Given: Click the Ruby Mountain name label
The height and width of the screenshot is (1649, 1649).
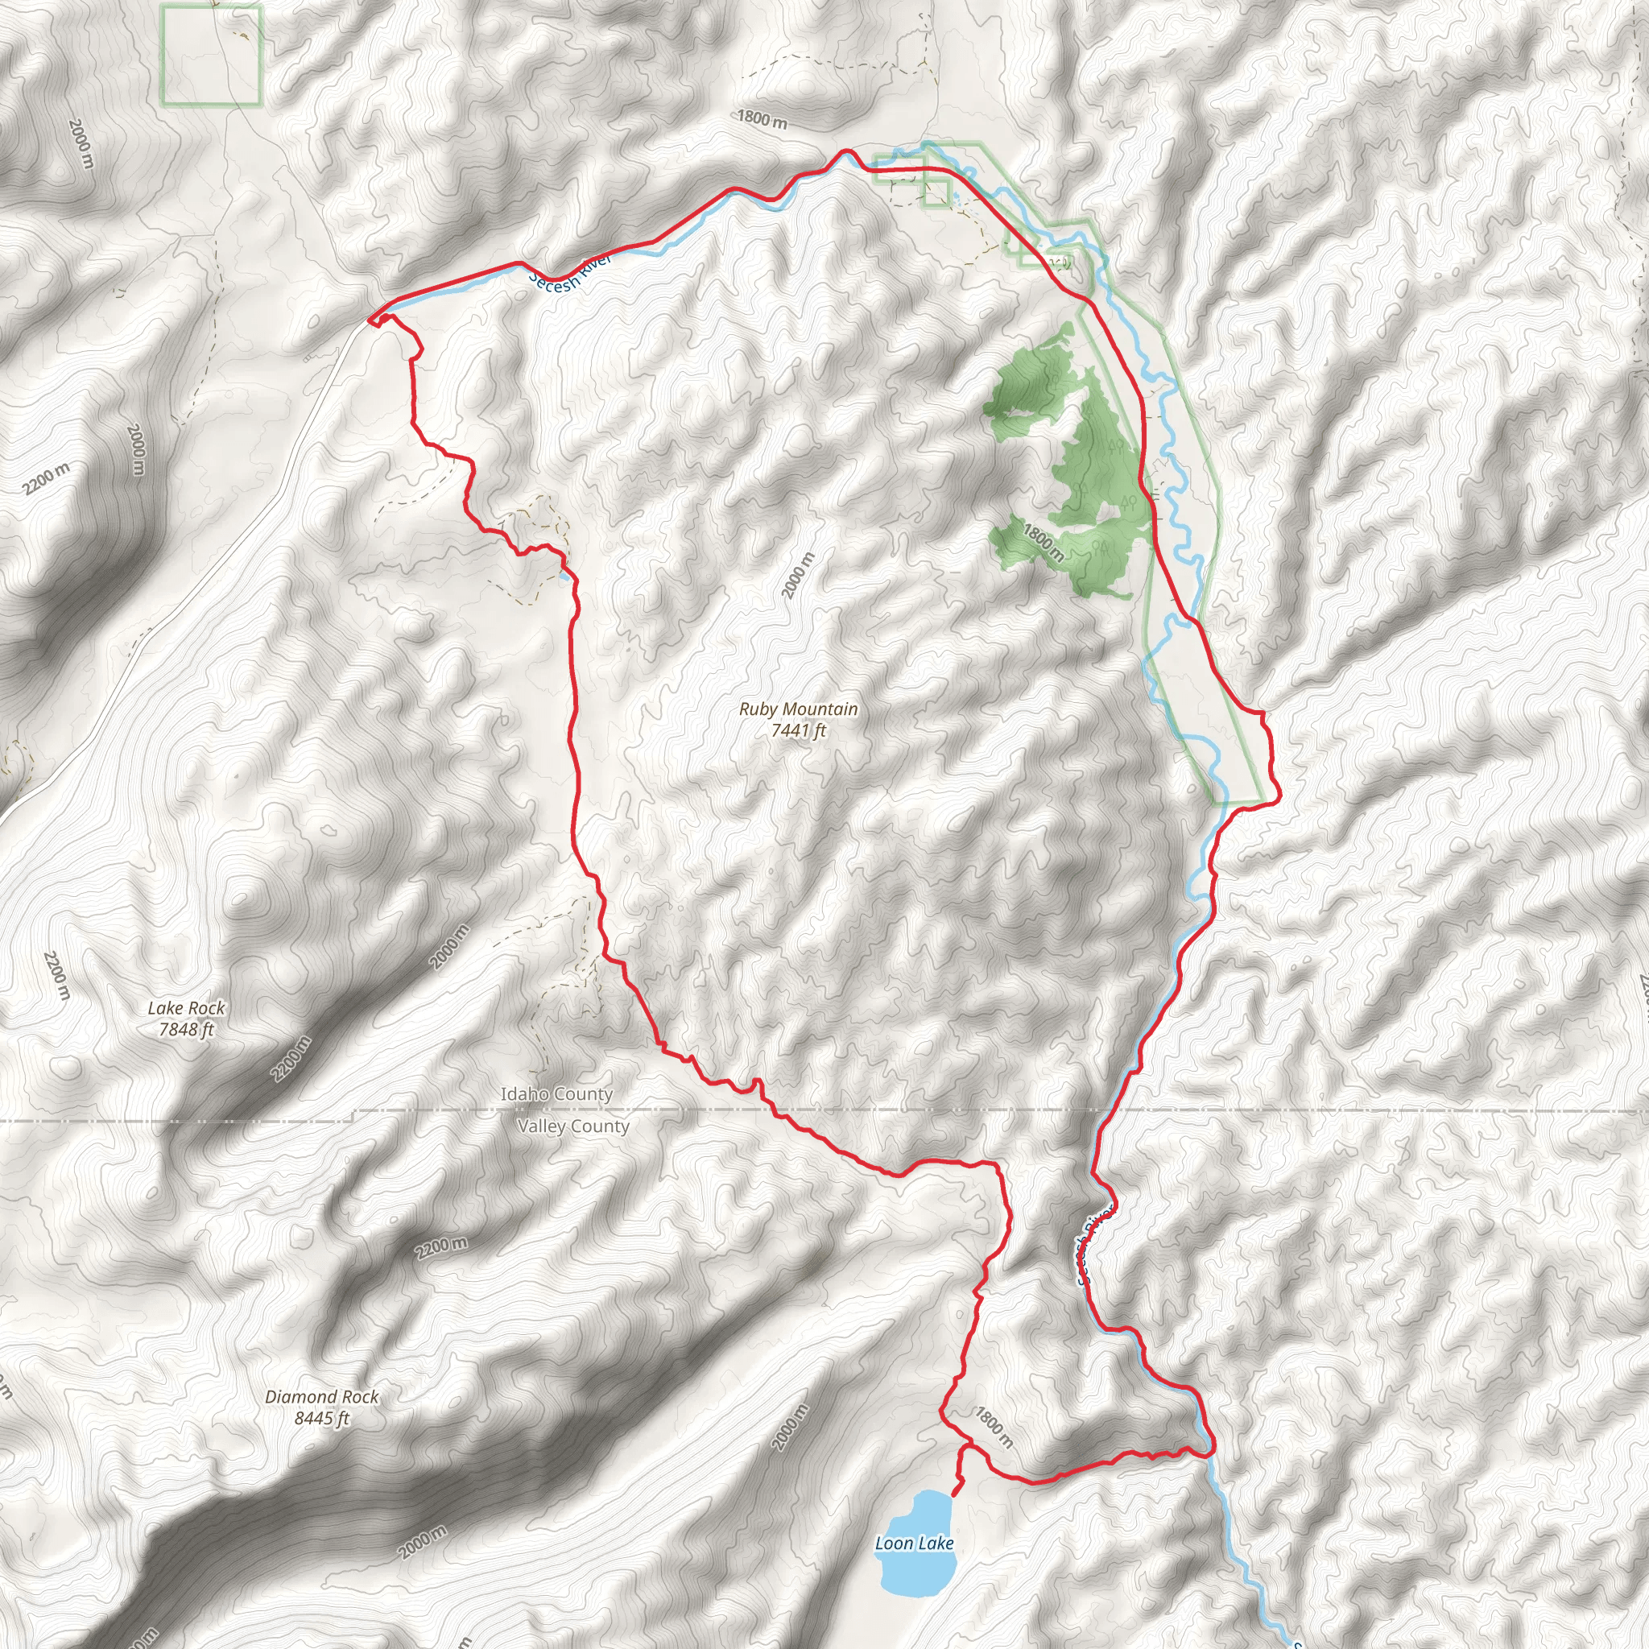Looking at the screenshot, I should tap(798, 709).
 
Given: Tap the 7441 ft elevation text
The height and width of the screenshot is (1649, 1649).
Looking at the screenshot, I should tap(798, 730).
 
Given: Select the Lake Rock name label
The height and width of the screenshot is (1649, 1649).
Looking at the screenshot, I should tap(186, 1009).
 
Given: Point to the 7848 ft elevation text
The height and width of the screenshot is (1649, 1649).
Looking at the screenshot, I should tap(186, 1030).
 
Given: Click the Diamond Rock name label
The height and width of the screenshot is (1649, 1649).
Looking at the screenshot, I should tap(321, 1397).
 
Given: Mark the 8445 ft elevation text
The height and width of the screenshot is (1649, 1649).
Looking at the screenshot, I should tap(321, 1419).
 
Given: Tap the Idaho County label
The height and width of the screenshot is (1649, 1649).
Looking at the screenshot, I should tap(556, 1094).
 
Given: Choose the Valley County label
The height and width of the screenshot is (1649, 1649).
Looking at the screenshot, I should tap(572, 1126).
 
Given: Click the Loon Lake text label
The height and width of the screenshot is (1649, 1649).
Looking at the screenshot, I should tap(914, 1544).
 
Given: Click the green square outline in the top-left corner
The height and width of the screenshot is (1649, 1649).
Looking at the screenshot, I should tap(211, 56).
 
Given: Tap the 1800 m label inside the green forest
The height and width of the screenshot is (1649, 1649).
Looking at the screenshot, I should tap(1044, 543).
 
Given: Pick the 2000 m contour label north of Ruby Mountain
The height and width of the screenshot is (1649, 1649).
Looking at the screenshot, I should tap(799, 577).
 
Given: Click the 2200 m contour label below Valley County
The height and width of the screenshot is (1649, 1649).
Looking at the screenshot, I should tap(441, 1248).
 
